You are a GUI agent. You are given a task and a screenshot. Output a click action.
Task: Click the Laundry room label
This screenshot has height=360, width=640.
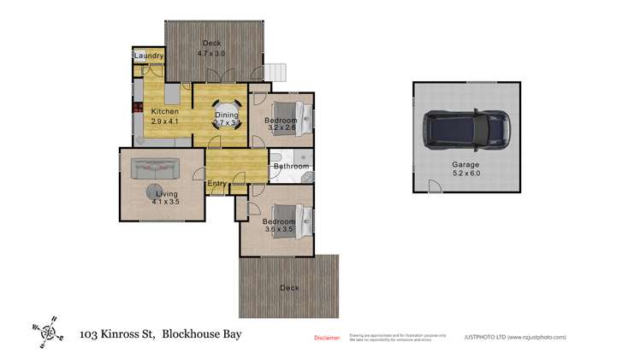147,56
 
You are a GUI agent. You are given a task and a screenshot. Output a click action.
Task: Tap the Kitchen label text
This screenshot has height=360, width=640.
164,112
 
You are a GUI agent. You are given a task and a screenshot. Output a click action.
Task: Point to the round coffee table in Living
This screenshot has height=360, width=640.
156,192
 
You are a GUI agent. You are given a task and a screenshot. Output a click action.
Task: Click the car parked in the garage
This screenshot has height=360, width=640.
466,129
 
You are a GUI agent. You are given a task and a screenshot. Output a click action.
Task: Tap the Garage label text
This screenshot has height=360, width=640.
466,164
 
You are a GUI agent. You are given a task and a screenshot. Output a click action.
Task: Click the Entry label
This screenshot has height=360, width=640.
217,183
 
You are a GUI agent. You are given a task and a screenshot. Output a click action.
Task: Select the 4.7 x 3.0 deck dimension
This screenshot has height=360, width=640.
211,54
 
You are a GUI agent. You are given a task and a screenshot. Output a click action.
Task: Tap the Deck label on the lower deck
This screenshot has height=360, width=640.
289,288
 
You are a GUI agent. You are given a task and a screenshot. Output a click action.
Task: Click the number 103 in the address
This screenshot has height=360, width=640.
88,335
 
